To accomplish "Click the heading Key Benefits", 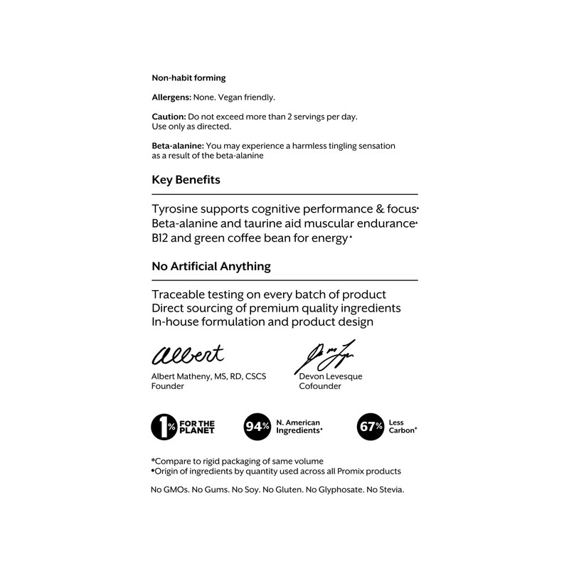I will tap(186, 180).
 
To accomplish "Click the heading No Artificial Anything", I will tap(211, 267).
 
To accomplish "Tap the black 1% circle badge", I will tap(164, 427).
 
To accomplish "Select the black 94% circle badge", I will tap(257, 427).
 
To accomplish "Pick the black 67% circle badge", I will tap(369, 427).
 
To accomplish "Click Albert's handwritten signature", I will tap(187, 353).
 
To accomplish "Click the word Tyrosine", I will tap(177, 211).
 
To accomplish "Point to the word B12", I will tap(163, 239).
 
